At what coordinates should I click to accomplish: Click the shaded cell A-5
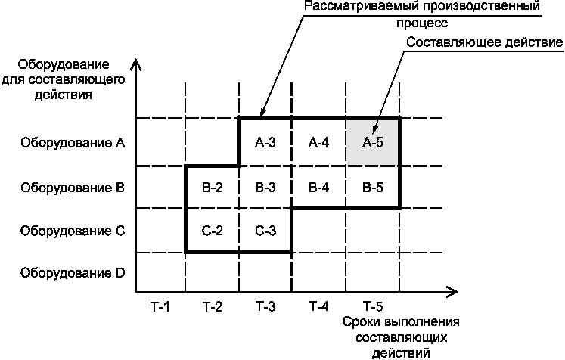(372, 142)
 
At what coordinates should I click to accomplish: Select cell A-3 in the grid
(265, 142)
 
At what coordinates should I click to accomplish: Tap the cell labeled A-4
(318, 142)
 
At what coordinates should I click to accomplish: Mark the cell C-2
(213, 231)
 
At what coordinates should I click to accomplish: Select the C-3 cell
(265, 231)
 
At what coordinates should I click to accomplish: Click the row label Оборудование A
(73, 142)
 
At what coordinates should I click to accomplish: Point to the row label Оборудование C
(73, 231)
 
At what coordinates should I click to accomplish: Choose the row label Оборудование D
(73, 272)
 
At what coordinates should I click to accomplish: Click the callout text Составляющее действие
(484, 42)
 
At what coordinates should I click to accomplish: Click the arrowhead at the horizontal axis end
(454, 290)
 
